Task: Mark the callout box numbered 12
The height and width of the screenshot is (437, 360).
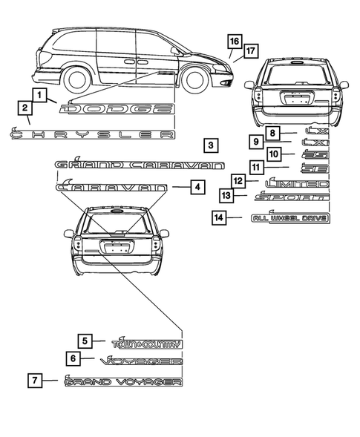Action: [x=237, y=180]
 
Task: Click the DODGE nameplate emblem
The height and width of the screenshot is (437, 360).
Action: [x=120, y=110]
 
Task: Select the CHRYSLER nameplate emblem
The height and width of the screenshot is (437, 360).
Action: [x=92, y=134]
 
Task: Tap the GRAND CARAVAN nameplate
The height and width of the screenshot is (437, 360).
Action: [x=138, y=164]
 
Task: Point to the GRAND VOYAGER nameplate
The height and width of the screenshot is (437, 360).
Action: [x=122, y=382]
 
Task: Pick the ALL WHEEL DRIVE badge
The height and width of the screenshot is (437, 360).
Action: [x=289, y=218]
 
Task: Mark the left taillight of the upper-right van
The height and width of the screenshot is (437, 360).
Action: [x=257, y=93]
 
